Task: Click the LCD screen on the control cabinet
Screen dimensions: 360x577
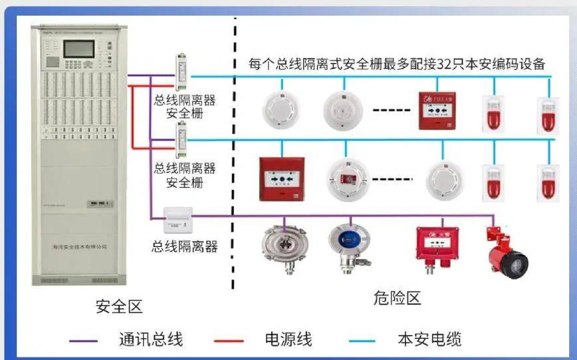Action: coord(79,48)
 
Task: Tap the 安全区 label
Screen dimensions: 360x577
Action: coord(119,307)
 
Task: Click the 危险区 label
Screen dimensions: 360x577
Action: coord(397,298)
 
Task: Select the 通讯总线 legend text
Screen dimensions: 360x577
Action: coord(151,339)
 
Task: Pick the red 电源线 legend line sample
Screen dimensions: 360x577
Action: coord(229,341)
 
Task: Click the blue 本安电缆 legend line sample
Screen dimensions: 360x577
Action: coord(362,341)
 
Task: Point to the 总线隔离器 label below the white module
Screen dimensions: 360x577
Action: coord(185,247)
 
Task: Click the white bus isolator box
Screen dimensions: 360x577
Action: coord(178,220)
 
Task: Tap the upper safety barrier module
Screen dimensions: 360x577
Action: coord(181,72)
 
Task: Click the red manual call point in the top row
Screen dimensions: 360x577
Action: coord(437,111)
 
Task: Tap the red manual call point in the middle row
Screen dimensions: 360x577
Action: coord(282,179)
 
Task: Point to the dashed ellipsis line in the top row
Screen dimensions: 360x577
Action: coord(391,110)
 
